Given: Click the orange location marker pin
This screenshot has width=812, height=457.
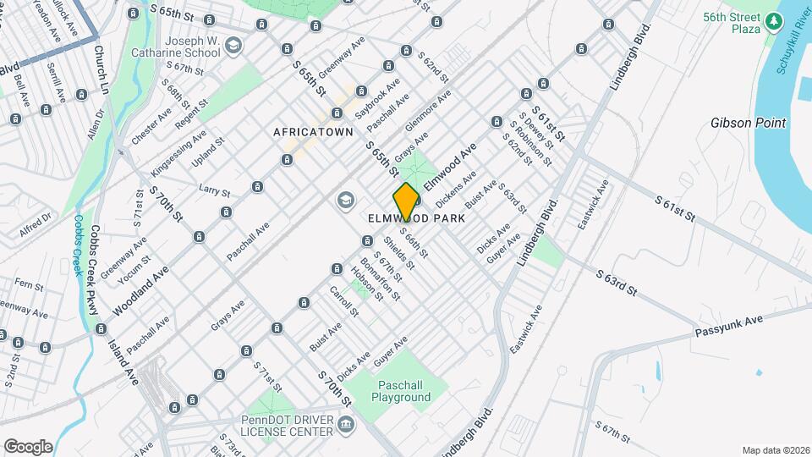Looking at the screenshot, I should coord(406,201).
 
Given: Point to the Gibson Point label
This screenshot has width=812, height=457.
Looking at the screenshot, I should coord(749,123).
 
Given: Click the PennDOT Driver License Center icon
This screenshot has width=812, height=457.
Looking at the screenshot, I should coord(345,422).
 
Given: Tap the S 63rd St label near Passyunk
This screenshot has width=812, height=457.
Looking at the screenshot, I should coord(616,282).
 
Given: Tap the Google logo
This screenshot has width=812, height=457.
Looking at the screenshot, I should coord(28,446).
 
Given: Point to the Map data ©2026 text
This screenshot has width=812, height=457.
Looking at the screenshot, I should coord(775,450).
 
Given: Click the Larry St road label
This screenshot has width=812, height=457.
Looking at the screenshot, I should coord(214,190).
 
